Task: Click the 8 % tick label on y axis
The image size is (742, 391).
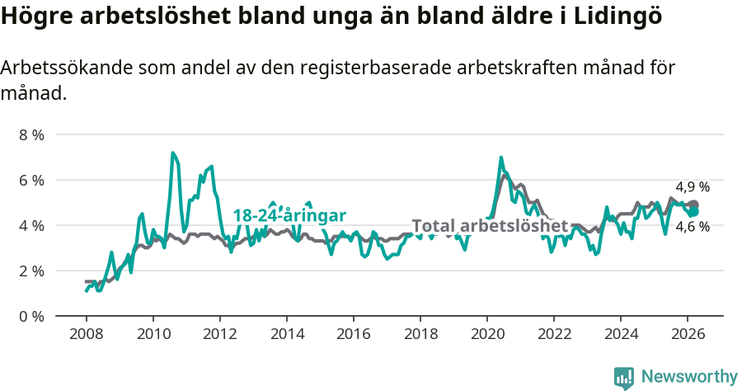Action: (32, 134)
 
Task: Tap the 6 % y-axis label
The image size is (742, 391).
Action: (32, 180)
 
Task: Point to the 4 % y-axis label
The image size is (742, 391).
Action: (32, 225)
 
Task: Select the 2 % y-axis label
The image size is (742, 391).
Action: (32, 271)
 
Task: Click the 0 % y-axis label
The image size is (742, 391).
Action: (32, 316)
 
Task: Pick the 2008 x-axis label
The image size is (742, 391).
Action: (86, 334)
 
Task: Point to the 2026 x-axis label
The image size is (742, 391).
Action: (688, 334)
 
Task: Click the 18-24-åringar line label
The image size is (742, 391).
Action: (289, 215)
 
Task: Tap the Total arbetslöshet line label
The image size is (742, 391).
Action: (490, 226)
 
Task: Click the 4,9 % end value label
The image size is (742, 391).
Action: (693, 186)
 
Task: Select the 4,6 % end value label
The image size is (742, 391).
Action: (693, 227)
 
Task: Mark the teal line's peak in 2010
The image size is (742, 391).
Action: (172, 153)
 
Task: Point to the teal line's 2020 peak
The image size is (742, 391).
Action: (501, 158)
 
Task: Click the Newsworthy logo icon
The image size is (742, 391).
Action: (624, 378)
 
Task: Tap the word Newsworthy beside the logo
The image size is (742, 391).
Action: (689, 377)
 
